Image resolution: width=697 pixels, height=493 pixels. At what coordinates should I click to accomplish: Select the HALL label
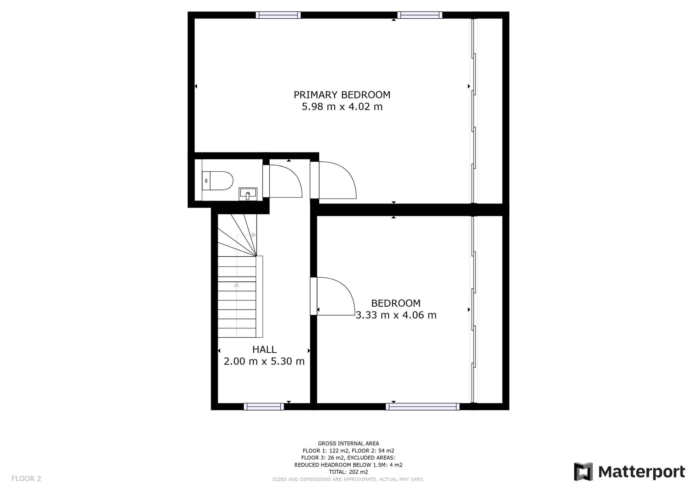(x=264, y=350)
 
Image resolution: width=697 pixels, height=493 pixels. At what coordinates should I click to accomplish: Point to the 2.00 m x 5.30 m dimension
(x=264, y=361)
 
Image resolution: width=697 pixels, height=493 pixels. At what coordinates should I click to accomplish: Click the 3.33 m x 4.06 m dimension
(x=396, y=315)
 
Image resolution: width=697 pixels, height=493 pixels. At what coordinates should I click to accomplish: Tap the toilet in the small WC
(x=217, y=181)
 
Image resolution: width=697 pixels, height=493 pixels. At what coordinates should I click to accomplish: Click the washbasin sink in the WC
(x=248, y=194)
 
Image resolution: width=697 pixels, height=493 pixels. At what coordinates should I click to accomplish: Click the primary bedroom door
(x=333, y=180)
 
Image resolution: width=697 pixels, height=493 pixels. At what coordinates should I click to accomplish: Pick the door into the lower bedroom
(x=332, y=296)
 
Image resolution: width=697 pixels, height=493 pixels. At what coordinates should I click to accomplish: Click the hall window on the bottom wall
(x=264, y=407)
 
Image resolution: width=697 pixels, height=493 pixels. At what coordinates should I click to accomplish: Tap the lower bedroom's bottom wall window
(x=423, y=407)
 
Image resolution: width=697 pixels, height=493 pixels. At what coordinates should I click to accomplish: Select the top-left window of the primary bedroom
(x=278, y=15)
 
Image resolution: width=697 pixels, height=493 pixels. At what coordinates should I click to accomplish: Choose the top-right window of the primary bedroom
(x=420, y=15)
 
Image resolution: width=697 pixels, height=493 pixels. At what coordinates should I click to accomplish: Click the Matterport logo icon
(x=583, y=472)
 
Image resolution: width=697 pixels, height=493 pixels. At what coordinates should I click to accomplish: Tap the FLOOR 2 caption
(x=26, y=479)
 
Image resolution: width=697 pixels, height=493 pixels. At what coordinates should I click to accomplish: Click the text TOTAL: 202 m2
(x=348, y=472)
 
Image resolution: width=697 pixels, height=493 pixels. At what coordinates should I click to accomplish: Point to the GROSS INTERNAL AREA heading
(x=348, y=443)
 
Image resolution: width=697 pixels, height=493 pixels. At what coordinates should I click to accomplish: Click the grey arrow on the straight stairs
(x=237, y=285)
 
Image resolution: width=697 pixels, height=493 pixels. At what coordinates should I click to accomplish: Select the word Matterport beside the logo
(x=641, y=472)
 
